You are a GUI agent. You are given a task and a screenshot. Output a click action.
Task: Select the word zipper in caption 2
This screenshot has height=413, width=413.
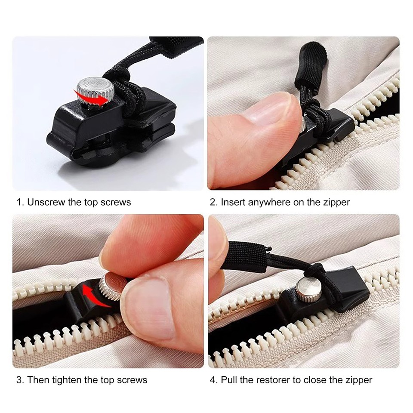tap(336, 202)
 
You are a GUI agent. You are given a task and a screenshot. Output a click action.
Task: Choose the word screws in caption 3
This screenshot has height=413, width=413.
tap(132, 380)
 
